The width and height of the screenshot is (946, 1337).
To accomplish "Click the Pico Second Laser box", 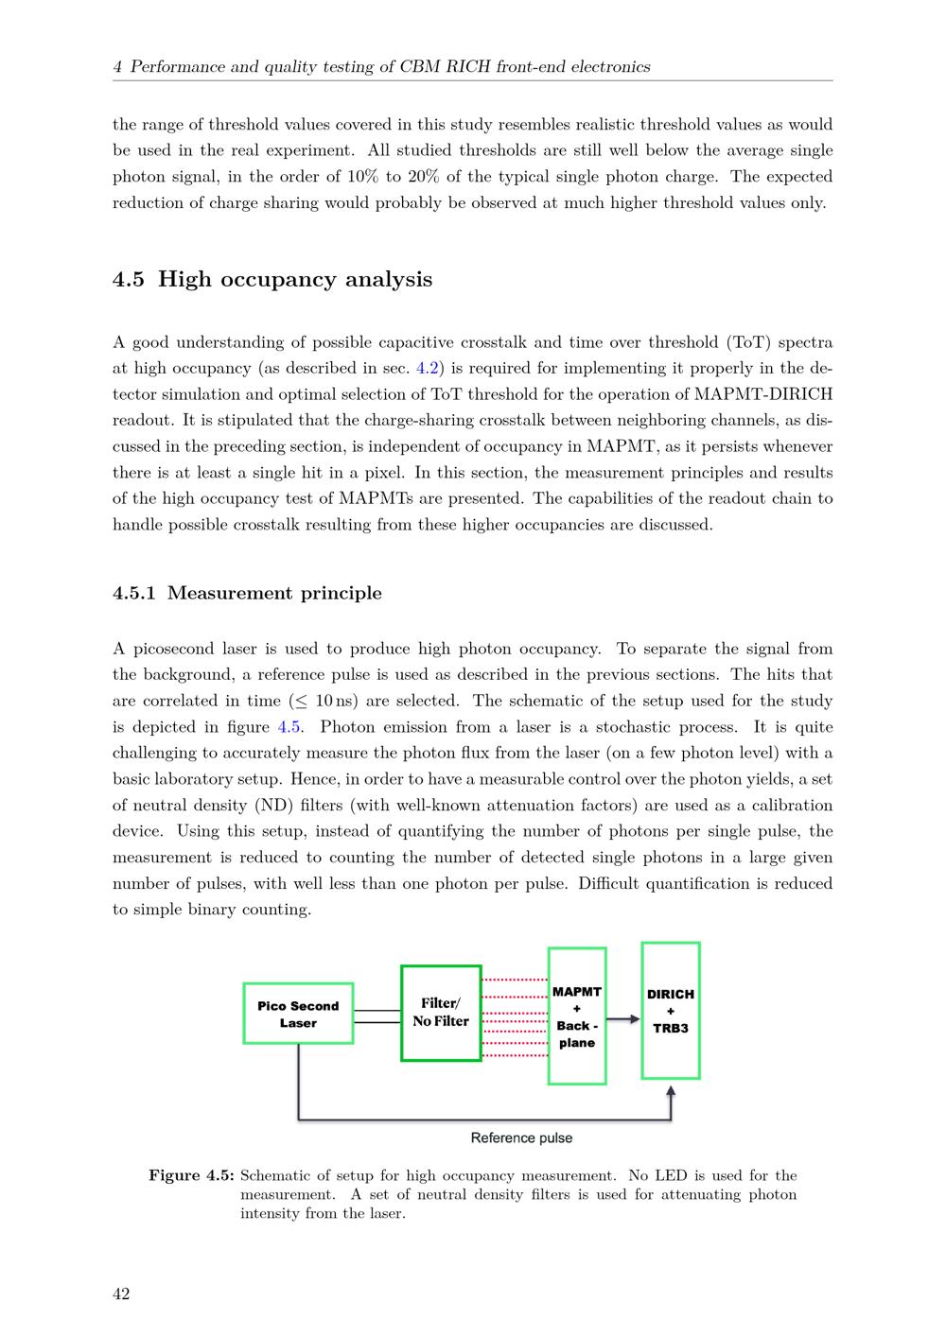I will coord(298,1014).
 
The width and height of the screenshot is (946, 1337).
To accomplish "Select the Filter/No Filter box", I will coord(441,1013).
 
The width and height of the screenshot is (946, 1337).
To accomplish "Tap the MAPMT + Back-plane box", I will coord(577,1016).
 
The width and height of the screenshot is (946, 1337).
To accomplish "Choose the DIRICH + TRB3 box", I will coord(671,1011).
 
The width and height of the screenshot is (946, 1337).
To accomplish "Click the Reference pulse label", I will coord(521,1138).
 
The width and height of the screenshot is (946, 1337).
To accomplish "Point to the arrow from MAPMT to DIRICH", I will coord(622,1019).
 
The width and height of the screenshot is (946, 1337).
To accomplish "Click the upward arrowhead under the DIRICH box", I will coord(671,1092).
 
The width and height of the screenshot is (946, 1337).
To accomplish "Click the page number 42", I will coord(121,1294).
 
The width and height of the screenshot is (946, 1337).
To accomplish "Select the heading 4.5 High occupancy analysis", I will coord(272,280).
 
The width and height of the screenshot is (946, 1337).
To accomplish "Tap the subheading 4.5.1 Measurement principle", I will coord(247,594).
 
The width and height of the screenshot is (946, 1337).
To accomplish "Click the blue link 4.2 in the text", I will coord(428,369).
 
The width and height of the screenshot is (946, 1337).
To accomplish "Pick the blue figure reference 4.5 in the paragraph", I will coord(288,727).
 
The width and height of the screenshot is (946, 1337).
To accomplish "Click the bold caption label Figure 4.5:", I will coord(191,1176).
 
